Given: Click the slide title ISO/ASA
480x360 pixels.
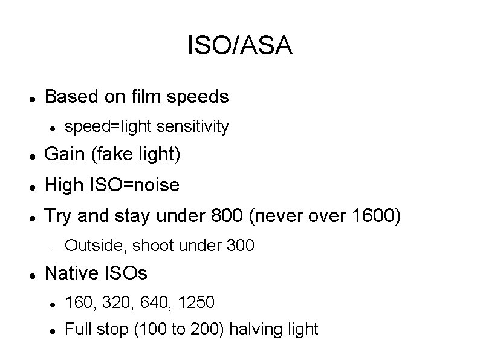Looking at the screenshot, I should (240, 46).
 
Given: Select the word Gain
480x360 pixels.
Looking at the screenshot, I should (65, 155).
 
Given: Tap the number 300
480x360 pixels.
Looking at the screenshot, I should (241, 246).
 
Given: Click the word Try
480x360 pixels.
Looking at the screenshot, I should (59, 215).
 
